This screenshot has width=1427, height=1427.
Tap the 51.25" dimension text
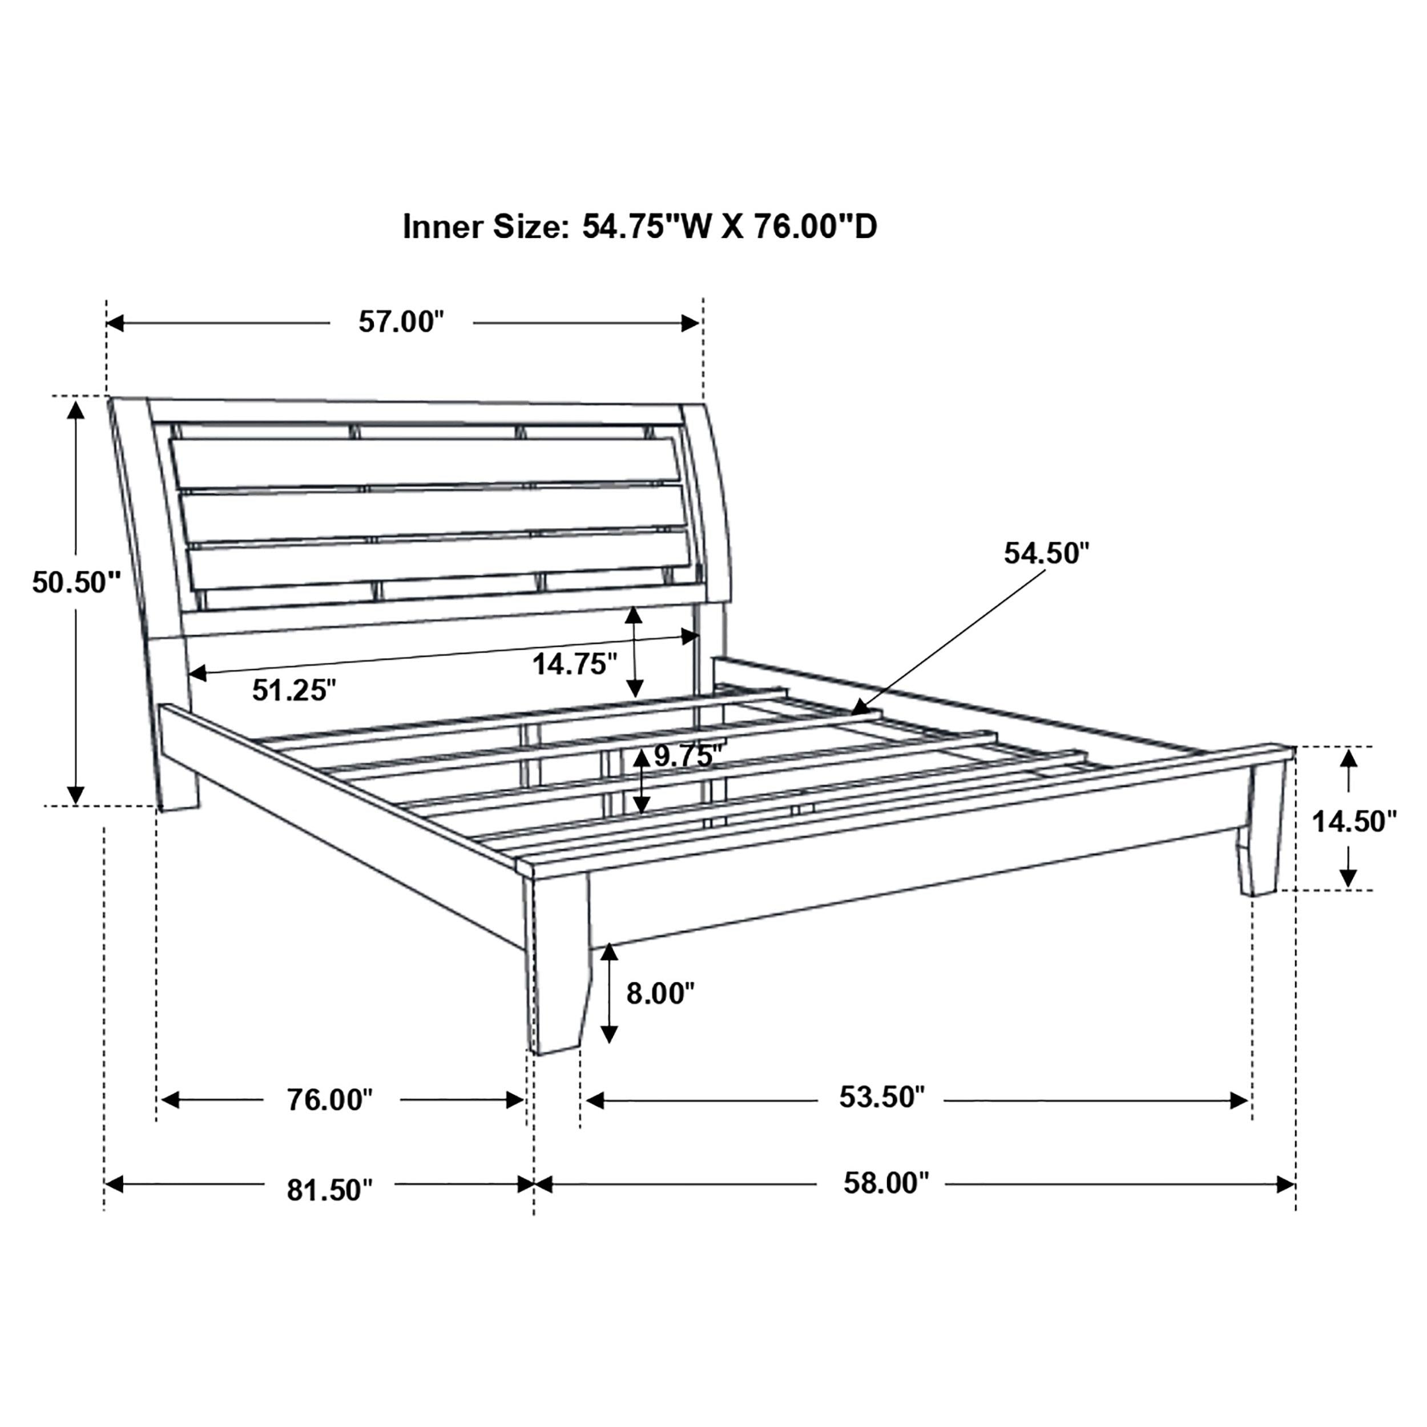(294, 690)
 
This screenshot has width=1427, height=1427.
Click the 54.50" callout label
(1046, 553)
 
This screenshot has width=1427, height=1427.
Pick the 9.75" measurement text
(686, 756)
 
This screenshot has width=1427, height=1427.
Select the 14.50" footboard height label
(1354, 821)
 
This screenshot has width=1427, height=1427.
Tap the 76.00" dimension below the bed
(329, 1100)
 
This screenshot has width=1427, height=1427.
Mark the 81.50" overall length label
(329, 1190)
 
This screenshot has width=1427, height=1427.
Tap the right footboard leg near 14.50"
(1264, 835)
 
